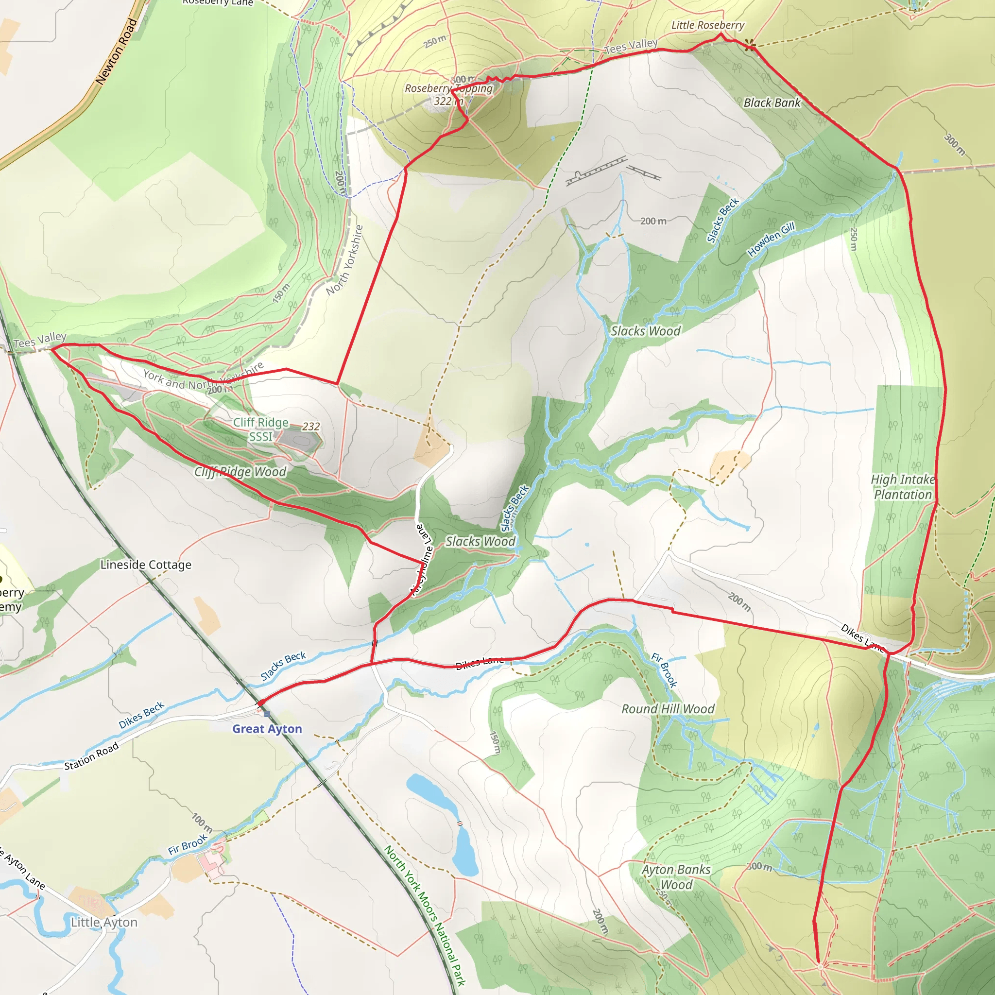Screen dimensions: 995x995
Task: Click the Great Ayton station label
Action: pyautogui.click(x=267, y=729)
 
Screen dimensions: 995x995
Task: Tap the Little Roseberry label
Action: pyautogui.click(x=707, y=25)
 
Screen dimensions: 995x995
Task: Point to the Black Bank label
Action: pyautogui.click(x=772, y=103)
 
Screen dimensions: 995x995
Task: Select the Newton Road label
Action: pyautogui.click(x=117, y=51)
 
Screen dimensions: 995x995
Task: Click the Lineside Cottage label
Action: pyautogui.click(x=146, y=565)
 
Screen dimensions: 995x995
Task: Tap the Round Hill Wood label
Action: pyautogui.click(x=668, y=709)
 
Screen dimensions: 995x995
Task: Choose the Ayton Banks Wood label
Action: pyautogui.click(x=676, y=877)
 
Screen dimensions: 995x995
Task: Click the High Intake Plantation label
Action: pyautogui.click(x=903, y=487)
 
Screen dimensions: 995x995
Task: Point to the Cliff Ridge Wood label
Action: pyautogui.click(x=240, y=472)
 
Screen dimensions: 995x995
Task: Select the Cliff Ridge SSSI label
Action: pyautogui.click(x=260, y=429)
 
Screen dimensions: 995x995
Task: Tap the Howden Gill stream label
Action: pyautogui.click(x=771, y=240)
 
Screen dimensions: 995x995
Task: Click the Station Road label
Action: pyautogui.click(x=91, y=756)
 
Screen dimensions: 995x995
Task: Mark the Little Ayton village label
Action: pyautogui.click(x=104, y=923)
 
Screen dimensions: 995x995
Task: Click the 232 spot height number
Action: pyautogui.click(x=310, y=427)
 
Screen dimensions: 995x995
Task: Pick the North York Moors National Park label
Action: pyautogui.click(x=425, y=916)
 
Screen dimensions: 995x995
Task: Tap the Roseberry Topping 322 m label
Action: pyautogui.click(x=448, y=95)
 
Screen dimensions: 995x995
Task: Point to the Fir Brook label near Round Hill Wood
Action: pyautogui.click(x=664, y=669)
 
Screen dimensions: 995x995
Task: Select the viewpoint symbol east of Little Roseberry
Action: pyautogui.click(x=752, y=46)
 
